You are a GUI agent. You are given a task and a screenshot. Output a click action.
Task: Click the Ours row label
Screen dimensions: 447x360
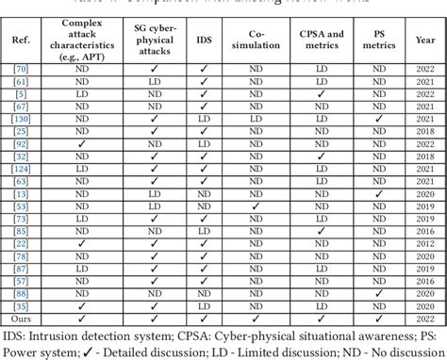click(x=20, y=319)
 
